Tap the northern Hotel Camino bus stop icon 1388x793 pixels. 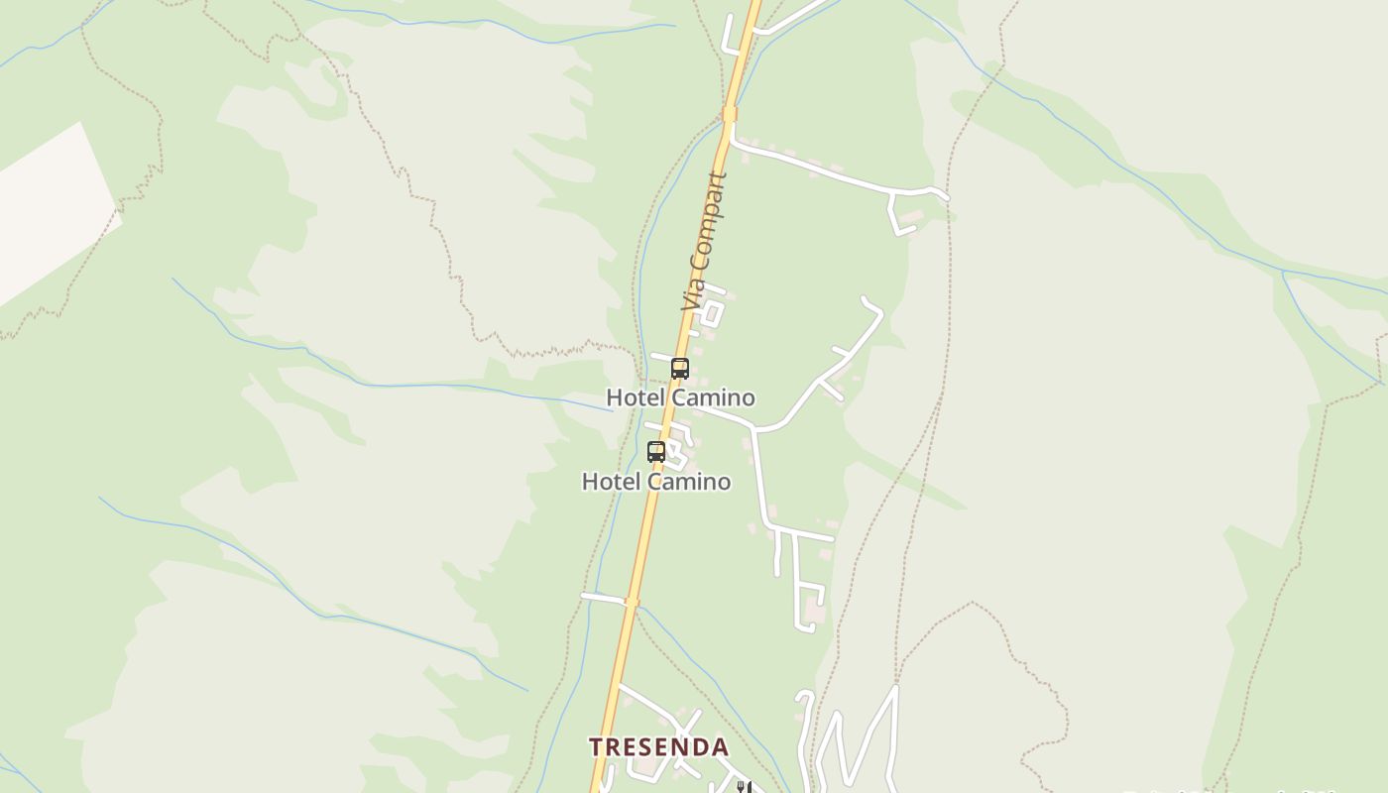click(x=679, y=369)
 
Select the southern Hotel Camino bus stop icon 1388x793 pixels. click(x=655, y=452)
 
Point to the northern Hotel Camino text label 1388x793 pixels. click(x=680, y=397)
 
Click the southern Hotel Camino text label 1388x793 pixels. click(x=655, y=482)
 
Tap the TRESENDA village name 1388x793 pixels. click(x=658, y=746)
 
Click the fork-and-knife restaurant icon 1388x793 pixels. click(x=744, y=787)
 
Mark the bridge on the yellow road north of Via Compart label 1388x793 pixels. click(x=730, y=114)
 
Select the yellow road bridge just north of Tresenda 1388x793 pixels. click(x=632, y=602)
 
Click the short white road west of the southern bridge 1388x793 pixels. click(x=602, y=598)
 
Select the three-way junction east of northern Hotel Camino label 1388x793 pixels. click(x=755, y=429)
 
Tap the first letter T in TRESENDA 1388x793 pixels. click(x=596, y=746)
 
